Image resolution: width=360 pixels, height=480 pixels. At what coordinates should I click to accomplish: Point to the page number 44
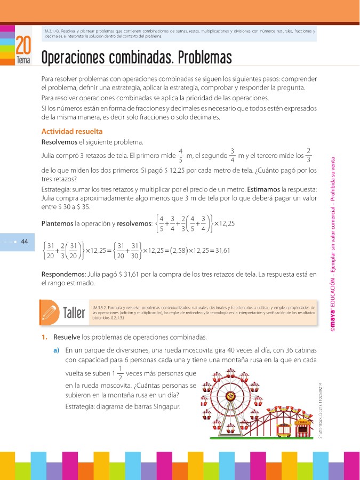tap(24, 241)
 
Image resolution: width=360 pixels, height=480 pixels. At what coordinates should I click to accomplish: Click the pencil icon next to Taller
tap(52, 312)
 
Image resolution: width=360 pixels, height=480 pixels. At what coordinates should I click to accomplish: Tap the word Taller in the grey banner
tap(75, 313)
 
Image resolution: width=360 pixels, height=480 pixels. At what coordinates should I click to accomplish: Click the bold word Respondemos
tap(63, 275)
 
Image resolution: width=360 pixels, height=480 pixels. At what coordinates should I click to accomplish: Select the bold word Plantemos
tap(57, 222)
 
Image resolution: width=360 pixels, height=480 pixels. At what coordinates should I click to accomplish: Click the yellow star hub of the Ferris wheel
tap(230, 396)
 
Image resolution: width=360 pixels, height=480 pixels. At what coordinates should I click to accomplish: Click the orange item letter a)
tap(55, 350)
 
